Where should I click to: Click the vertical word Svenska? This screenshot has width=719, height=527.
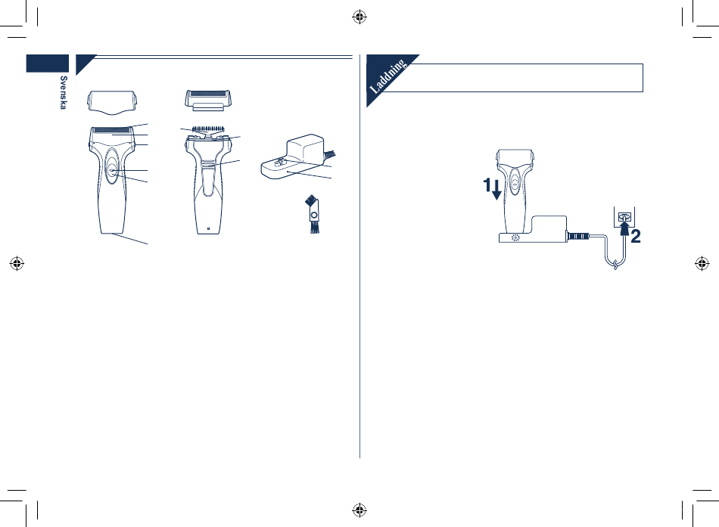click(64, 92)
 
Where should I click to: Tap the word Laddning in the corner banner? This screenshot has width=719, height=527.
click(388, 76)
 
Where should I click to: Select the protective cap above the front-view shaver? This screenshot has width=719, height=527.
click(112, 102)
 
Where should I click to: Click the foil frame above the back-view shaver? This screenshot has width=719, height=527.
click(208, 101)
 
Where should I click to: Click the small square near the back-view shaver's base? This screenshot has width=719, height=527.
click(208, 228)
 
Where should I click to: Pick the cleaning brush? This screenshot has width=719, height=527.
click(313, 214)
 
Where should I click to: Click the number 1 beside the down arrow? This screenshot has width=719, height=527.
click(487, 185)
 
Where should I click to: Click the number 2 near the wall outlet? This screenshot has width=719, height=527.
click(636, 237)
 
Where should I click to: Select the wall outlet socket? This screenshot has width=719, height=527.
click(624, 217)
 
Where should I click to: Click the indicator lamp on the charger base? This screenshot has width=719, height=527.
click(515, 237)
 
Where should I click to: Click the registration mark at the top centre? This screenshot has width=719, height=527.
click(359, 17)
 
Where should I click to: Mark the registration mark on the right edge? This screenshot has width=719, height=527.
click(702, 263)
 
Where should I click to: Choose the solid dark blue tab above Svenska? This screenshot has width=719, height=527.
click(48, 64)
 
